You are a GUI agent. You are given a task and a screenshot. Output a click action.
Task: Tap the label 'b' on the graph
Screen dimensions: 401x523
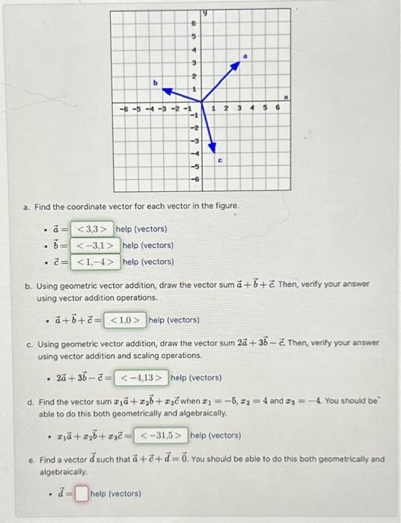(x=156, y=83)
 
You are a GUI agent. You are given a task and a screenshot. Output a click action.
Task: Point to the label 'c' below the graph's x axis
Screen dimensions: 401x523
(x=221, y=160)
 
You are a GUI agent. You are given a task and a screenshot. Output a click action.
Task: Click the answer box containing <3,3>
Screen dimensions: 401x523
(x=93, y=229)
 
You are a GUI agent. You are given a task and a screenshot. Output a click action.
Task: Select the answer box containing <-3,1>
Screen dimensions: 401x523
(x=96, y=245)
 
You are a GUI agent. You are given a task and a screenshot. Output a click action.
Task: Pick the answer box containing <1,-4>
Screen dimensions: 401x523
(x=96, y=261)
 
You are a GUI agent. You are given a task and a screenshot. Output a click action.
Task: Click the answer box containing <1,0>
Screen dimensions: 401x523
(x=125, y=320)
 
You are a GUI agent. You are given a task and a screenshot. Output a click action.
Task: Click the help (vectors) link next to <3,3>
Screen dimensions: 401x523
(x=141, y=229)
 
